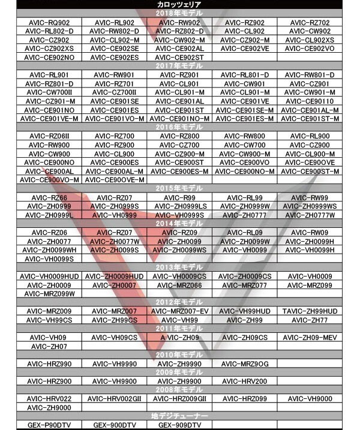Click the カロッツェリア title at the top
pos(180,5)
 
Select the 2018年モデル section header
pos(180,13)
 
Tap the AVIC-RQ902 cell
pos(51,22)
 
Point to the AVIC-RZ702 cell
pos(310,22)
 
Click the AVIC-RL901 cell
pos(51,75)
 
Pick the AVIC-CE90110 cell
pos(310,101)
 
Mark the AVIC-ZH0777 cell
pos(245,215)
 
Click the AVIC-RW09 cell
pos(310,233)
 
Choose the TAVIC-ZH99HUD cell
pos(310,312)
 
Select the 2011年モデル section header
pos(180,329)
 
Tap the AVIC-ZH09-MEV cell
pos(310,338)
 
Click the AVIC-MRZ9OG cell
pos(245,364)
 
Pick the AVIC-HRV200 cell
pos(245,381)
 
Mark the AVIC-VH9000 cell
pos(310,399)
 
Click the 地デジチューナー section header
pos(180,416)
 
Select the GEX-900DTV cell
pos(116,425)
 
